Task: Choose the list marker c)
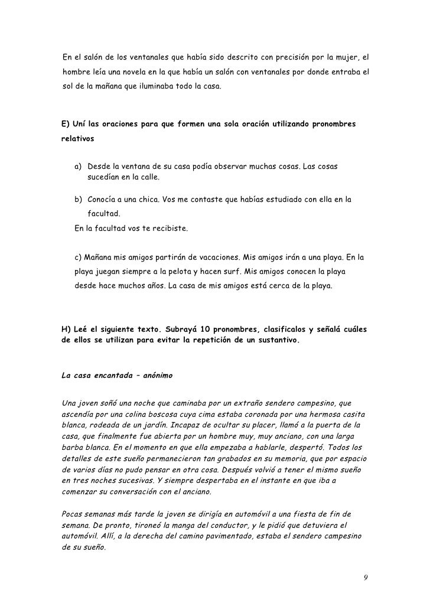tap(80, 258)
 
